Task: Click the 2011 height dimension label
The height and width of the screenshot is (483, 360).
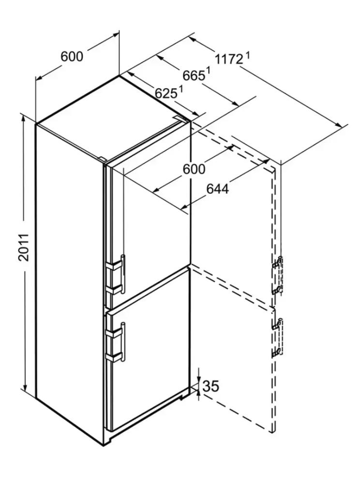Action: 24,248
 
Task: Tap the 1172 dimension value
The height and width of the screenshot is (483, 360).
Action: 229,59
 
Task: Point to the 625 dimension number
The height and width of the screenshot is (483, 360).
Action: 166,93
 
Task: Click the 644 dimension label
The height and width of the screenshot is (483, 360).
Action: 218,189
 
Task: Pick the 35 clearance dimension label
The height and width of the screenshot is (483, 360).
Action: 211,386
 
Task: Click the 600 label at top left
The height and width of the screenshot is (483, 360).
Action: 72,57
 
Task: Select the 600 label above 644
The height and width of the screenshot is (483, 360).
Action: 194,169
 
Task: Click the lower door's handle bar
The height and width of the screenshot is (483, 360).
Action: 123,342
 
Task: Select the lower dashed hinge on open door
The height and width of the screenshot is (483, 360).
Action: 277,338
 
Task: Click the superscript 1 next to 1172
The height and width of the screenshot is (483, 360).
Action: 247,56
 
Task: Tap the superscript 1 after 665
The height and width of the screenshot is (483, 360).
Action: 209,71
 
